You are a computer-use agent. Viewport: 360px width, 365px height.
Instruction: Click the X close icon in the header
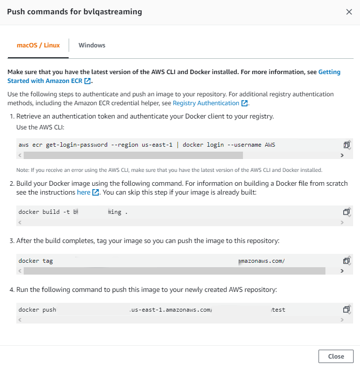coord(349,12)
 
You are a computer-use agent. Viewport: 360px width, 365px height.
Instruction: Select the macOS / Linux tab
coord(39,45)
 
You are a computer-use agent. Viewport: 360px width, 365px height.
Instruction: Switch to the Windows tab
coord(92,45)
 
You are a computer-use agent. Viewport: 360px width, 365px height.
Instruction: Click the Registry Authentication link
coord(206,103)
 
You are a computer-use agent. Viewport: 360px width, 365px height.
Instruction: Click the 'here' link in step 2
coord(84,192)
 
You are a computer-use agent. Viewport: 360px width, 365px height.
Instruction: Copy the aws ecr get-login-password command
coord(347,145)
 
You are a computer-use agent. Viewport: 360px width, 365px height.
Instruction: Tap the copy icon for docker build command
coord(347,212)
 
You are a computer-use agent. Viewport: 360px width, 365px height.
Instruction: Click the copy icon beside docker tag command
coord(347,261)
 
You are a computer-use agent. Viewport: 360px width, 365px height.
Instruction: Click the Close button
coord(336,357)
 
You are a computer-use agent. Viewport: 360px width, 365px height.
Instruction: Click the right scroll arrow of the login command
coord(342,155)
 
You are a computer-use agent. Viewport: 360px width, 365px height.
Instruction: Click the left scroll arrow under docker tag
coord(20,271)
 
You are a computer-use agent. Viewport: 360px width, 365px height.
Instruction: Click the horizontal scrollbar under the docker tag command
coord(173,271)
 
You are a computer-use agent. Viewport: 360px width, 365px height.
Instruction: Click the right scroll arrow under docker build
coord(342,222)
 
